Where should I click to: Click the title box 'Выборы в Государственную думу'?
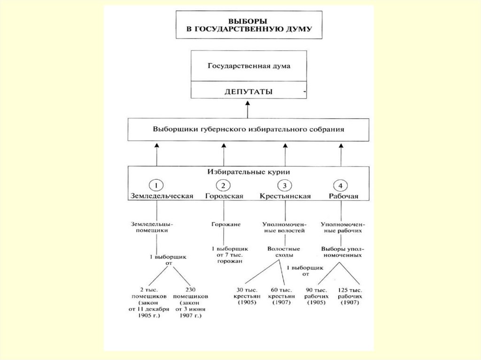point(249,26)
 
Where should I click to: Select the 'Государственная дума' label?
point(249,66)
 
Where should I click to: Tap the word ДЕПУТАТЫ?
point(249,91)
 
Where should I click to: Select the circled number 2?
point(224,185)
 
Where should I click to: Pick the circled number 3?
point(285,185)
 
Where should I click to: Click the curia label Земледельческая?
point(162,196)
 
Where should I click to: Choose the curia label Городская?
point(224,196)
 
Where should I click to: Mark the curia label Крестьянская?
point(285,196)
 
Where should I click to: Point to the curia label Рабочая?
point(341,196)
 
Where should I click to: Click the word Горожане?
point(225,224)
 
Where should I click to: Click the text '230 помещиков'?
point(190,293)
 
